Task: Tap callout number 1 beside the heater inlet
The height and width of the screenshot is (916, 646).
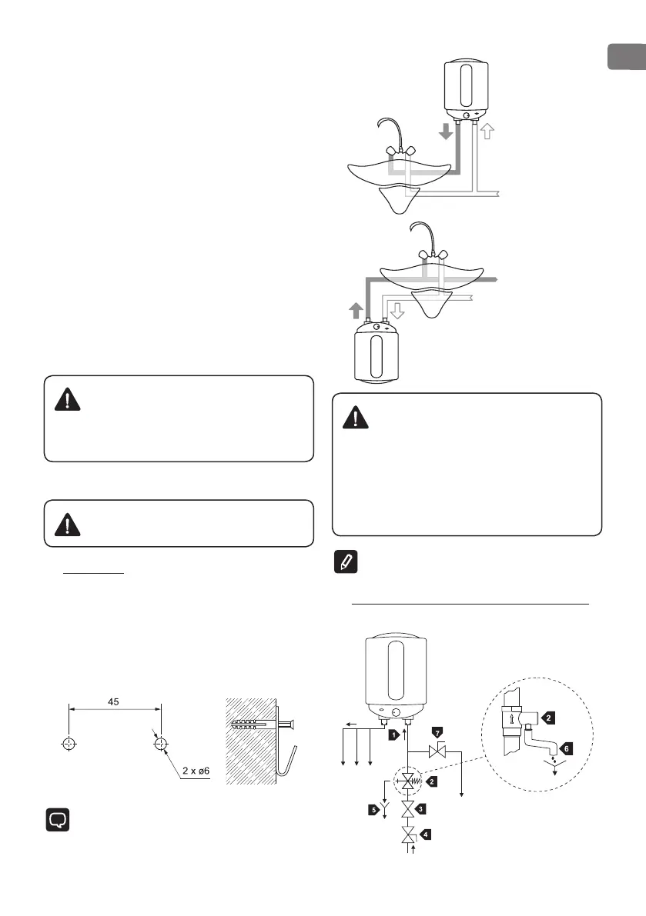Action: (393, 734)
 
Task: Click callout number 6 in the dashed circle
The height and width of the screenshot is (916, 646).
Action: (567, 747)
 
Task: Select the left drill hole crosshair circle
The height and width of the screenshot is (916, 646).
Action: (70, 744)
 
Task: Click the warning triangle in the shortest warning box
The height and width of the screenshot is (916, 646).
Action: (69, 524)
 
